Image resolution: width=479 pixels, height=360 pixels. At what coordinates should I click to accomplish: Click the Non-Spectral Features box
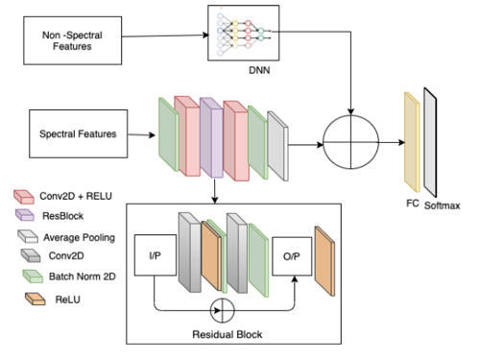click(x=72, y=40)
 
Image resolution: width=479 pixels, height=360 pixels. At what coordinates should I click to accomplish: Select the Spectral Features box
click(x=78, y=133)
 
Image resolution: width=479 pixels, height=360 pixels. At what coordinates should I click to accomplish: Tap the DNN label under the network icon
click(x=259, y=70)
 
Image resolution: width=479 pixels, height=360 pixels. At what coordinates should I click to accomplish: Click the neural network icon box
click(x=244, y=33)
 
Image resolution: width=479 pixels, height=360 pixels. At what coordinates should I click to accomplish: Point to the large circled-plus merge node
click(x=350, y=142)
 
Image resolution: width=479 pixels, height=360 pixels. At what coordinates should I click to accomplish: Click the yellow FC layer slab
click(x=412, y=142)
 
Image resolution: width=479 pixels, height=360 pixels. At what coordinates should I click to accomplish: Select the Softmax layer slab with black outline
click(x=430, y=142)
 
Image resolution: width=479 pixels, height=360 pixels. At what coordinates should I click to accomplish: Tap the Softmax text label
click(x=442, y=205)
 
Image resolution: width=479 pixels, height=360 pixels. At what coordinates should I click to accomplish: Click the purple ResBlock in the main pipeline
click(x=211, y=137)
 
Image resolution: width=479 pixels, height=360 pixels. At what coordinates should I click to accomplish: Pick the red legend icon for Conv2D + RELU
click(x=24, y=197)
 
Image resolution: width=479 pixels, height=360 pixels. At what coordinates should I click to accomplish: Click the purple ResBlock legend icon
click(x=25, y=215)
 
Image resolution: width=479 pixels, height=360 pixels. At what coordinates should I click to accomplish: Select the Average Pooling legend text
click(x=79, y=237)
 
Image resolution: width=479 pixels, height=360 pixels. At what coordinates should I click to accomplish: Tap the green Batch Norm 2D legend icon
click(x=33, y=276)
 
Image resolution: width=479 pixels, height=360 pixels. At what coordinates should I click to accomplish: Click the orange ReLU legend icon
click(x=36, y=299)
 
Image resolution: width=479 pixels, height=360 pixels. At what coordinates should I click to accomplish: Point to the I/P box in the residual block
click(x=156, y=255)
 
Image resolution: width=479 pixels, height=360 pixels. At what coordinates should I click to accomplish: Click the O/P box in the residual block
click(x=292, y=256)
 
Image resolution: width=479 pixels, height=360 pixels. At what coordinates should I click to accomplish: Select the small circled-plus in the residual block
click(x=223, y=310)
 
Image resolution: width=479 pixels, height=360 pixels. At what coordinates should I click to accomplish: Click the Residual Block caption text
click(x=228, y=334)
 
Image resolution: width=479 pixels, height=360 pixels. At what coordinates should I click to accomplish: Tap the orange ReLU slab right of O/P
click(x=324, y=261)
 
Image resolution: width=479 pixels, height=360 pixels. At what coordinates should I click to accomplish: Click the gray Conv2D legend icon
click(x=31, y=255)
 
